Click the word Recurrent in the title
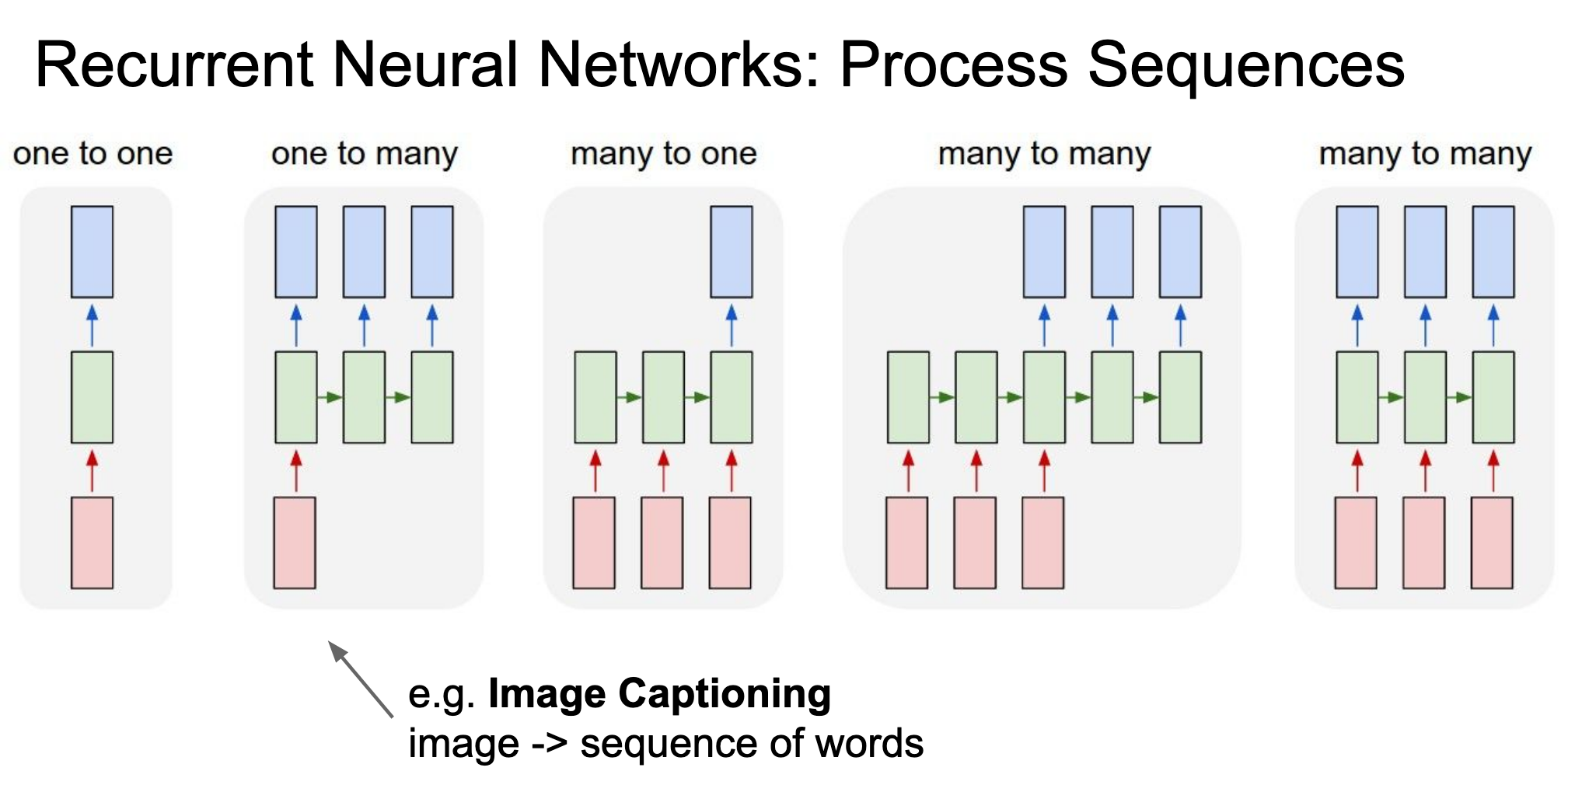point(174,65)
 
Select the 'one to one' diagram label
point(93,154)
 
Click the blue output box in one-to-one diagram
point(92,252)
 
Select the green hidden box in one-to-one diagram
point(92,397)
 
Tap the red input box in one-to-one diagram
point(92,543)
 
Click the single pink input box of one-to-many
point(295,543)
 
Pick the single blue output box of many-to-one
point(732,252)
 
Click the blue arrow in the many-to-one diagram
point(732,325)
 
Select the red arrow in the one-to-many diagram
point(295,470)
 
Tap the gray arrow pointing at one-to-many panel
point(361,679)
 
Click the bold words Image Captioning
point(659,695)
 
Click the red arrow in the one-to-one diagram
point(92,470)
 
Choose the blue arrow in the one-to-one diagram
point(92,325)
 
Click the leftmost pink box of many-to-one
point(594,543)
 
